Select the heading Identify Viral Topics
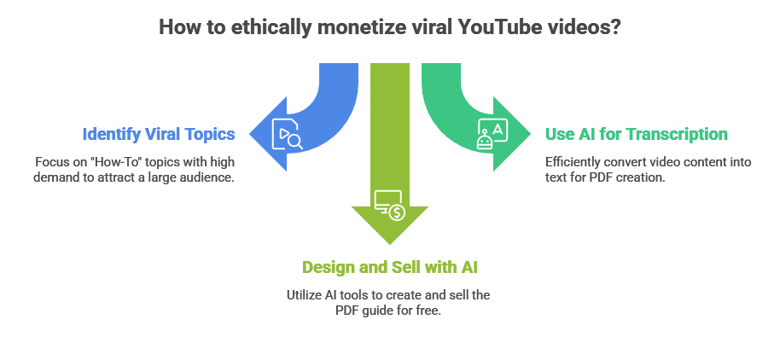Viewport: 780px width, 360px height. tap(159, 134)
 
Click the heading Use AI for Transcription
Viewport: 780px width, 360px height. tap(636, 134)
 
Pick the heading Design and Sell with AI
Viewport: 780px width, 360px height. tap(390, 267)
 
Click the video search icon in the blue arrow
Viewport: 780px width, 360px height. tap(287, 136)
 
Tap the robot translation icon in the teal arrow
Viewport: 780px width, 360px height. tap(493, 135)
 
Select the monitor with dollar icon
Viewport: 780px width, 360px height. tap(389, 205)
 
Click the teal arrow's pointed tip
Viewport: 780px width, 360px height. tap(531, 135)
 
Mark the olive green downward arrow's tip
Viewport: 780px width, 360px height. tap(390, 245)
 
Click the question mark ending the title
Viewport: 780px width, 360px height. tap(614, 27)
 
